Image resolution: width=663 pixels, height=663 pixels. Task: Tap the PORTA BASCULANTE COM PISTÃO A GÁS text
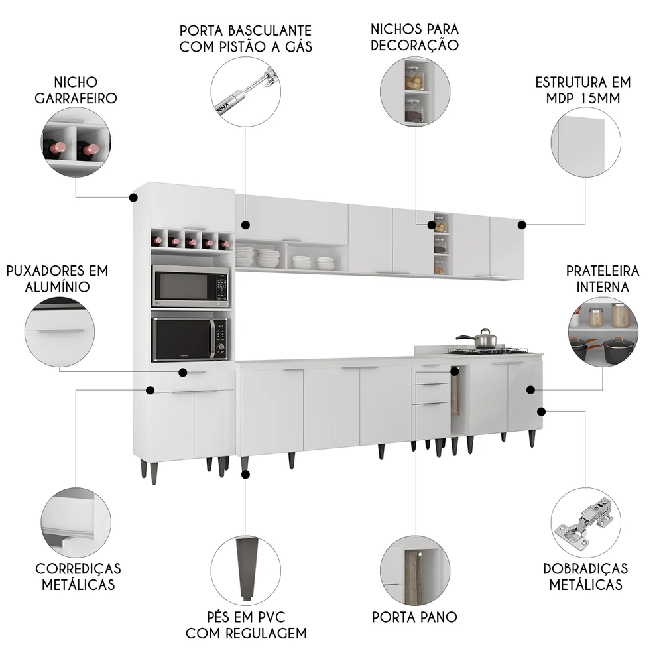point(245,38)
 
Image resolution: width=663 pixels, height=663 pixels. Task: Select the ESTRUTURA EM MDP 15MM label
point(583,90)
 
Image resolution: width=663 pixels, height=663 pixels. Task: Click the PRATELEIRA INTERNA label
point(603,279)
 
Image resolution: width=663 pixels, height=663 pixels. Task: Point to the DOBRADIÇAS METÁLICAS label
point(585,576)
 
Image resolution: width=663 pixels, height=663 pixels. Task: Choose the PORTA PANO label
point(414,617)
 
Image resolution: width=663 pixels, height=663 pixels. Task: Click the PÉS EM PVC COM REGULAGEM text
point(245,625)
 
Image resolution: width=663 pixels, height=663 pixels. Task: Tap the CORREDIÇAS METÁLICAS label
point(78,576)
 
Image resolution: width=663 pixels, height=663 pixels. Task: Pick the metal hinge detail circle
point(585,522)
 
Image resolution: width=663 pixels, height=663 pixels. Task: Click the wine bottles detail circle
point(75,143)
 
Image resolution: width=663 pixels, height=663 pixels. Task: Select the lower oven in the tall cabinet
point(190,338)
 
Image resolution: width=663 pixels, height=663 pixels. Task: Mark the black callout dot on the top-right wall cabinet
point(522,225)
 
